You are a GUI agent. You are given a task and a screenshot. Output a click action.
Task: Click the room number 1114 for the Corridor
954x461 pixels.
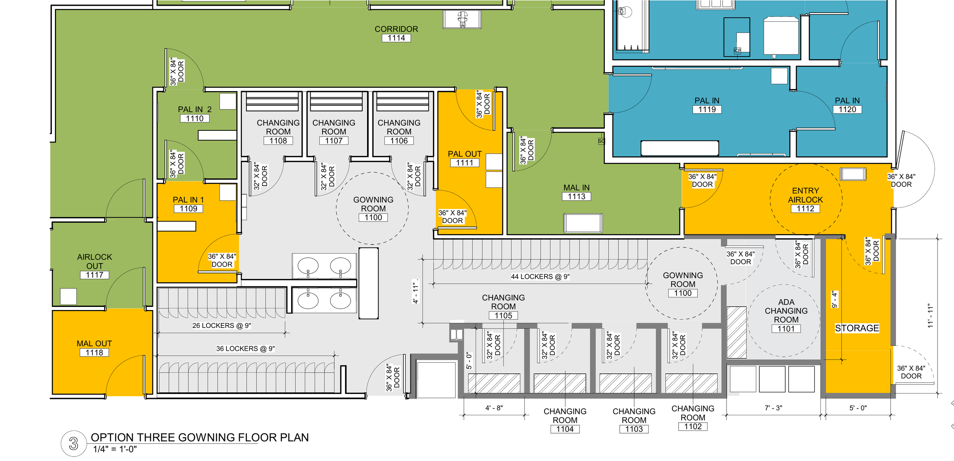tap(396, 38)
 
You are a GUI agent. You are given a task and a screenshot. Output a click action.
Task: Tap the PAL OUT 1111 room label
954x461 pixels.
tap(464, 158)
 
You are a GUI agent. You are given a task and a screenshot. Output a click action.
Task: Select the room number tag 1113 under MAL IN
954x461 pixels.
tap(576, 196)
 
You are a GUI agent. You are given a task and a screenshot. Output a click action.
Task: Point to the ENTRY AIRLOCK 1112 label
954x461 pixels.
tap(805, 199)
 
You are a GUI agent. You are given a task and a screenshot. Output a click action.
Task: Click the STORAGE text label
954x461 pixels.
tap(857, 328)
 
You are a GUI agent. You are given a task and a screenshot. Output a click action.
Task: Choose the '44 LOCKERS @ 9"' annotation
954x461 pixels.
tap(540, 277)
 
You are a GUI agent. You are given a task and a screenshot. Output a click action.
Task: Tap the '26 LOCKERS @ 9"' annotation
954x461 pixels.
tap(221, 326)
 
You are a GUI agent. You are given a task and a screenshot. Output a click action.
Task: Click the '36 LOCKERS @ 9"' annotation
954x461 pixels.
tap(245, 349)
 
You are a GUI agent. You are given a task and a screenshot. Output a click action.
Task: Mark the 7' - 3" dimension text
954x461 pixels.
tap(773, 408)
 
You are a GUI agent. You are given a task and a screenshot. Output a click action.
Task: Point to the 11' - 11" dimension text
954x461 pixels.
tap(930, 316)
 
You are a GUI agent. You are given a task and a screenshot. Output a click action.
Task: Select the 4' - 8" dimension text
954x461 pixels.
tap(494, 408)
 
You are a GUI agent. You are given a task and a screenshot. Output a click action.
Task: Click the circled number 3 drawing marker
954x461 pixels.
tap(73, 443)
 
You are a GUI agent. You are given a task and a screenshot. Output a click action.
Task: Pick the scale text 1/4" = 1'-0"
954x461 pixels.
tap(115, 449)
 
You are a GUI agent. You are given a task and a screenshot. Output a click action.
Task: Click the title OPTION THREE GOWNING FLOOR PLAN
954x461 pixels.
tap(200, 437)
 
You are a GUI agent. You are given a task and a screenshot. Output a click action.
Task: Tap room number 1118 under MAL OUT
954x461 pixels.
tap(94, 353)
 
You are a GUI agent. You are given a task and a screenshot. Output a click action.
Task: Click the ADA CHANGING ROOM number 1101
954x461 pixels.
tap(786, 329)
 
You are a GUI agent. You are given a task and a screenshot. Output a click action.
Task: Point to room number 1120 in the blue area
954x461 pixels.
tap(847, 109)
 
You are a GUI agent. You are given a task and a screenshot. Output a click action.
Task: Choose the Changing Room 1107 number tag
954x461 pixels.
tap(334, 141)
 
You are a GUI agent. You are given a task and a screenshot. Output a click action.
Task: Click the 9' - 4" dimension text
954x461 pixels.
tap(834, 300)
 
